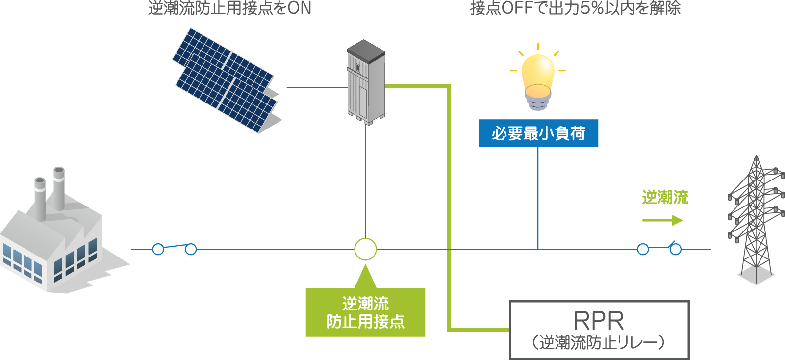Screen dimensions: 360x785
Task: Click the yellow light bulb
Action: click(x=538, y=74)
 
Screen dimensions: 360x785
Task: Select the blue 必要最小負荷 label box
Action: click(x=538, y=133)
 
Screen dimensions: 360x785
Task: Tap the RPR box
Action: click(x=599, y=329)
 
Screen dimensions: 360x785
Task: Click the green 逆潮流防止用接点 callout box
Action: click(x=365, y=312)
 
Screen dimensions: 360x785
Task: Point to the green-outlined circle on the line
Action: click(x=365, y=249)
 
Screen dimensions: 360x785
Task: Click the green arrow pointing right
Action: click(x=662, y=220)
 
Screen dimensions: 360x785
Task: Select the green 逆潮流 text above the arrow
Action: click(x=665, y=198)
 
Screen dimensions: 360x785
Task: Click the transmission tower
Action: click(x=756, y=216)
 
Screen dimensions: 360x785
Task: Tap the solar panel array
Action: click(x=226, y=81)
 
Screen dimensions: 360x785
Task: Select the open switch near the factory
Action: click(x=174, y=248)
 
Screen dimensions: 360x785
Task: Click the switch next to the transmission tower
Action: click(x=659, y=248)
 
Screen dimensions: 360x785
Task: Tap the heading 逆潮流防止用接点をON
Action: click(x=229, y=8)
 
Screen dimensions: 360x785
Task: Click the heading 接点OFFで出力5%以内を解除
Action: click(x=575, y=8)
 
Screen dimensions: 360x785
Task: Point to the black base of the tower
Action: click(x=756, y=275)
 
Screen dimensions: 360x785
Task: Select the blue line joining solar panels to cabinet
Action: click(x=317, y=87)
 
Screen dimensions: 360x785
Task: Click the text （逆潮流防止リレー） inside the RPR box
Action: click(x=599, y=342)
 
